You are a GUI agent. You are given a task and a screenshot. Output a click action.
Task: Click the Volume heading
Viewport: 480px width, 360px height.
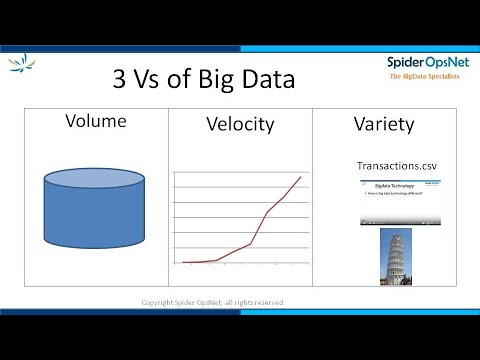point(95,122)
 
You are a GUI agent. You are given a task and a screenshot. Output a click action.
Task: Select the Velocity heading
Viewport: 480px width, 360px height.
point(239,126)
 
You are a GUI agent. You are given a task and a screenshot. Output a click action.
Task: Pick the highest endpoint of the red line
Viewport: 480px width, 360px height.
point(301,177)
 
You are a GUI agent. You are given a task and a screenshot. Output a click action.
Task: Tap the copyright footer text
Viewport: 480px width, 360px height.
point(212,302)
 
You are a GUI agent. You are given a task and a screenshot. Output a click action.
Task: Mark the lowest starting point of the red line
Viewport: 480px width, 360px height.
point(184,262)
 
